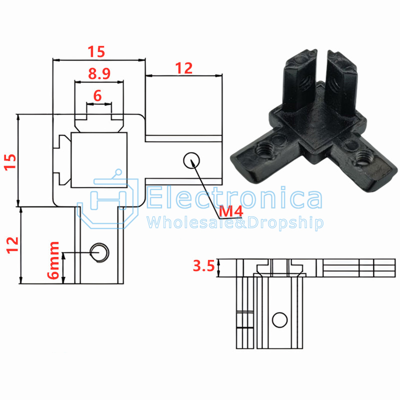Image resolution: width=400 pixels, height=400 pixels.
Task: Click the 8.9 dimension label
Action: tap(99, 73)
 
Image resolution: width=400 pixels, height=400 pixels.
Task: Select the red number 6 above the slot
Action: tap(97, 96)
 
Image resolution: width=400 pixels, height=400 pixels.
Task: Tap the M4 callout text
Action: tap(231, 211)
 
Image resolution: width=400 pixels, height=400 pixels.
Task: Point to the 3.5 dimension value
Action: tap(203, 266)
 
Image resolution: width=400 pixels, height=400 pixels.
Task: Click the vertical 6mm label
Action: tap(53, 260)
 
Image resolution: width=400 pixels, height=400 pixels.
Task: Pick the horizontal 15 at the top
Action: tap(96, 51)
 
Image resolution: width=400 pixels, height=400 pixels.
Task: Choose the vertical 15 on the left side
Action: tap(10, 161)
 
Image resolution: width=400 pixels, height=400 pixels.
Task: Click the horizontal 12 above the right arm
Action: tap(183, 68)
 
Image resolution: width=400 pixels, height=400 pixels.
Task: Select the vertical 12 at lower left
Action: tap(12, 245)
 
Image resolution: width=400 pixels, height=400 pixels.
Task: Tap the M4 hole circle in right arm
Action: tap(191, 160)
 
